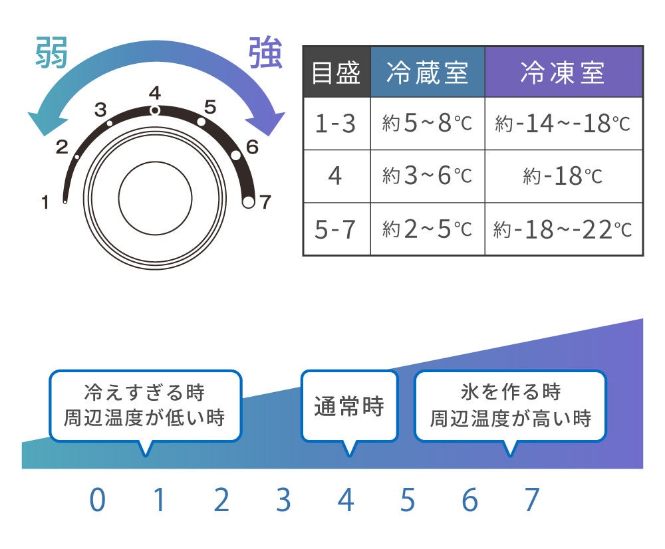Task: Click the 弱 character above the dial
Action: point(51,53)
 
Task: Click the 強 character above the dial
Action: point(265,53)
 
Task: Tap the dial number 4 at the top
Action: point(155,92)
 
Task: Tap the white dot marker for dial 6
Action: point(236,156)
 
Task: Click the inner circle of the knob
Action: point(155,197)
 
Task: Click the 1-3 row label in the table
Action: point(336,124)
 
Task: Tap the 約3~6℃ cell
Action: point(428,176)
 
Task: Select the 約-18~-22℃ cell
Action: point(563,229)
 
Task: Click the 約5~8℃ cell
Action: point(428,124)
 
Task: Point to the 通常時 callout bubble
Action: point(349,406)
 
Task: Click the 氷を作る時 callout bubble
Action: point(510,406)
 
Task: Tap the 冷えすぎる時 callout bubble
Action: point(145,406)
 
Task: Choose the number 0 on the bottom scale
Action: point(97,500)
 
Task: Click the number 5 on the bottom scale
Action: point(407,500)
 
